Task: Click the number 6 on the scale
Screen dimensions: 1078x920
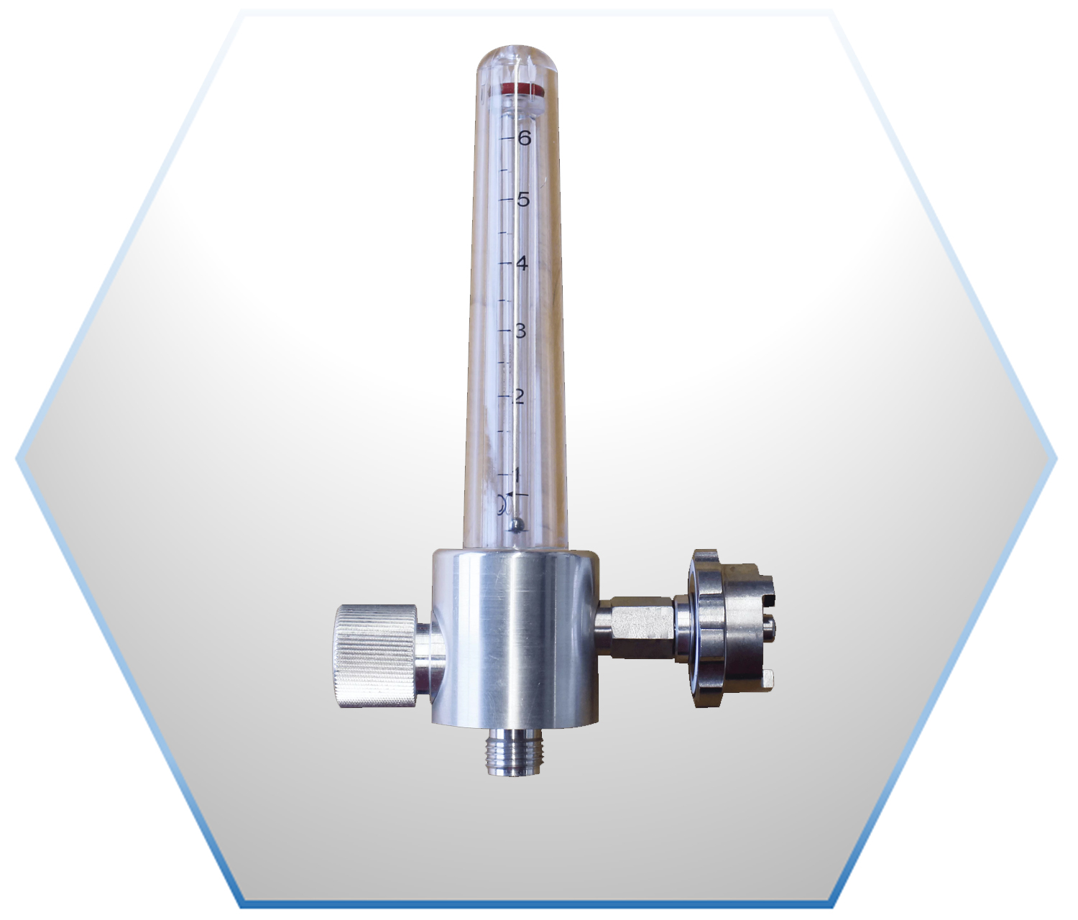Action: click(x=523, y=138)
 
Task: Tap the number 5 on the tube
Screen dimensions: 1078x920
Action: click(x=523, y=200)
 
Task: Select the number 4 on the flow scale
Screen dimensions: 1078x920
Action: click(x=522, y=264)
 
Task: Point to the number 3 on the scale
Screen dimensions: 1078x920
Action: click(x=520, y=331)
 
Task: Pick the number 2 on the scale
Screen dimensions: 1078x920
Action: click(x=518, y=396)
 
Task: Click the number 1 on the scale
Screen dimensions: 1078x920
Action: click(x=518, y=474)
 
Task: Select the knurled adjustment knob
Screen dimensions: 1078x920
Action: click(x=377, y=656)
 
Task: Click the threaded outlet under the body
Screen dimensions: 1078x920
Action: click(x=515, y=753)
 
